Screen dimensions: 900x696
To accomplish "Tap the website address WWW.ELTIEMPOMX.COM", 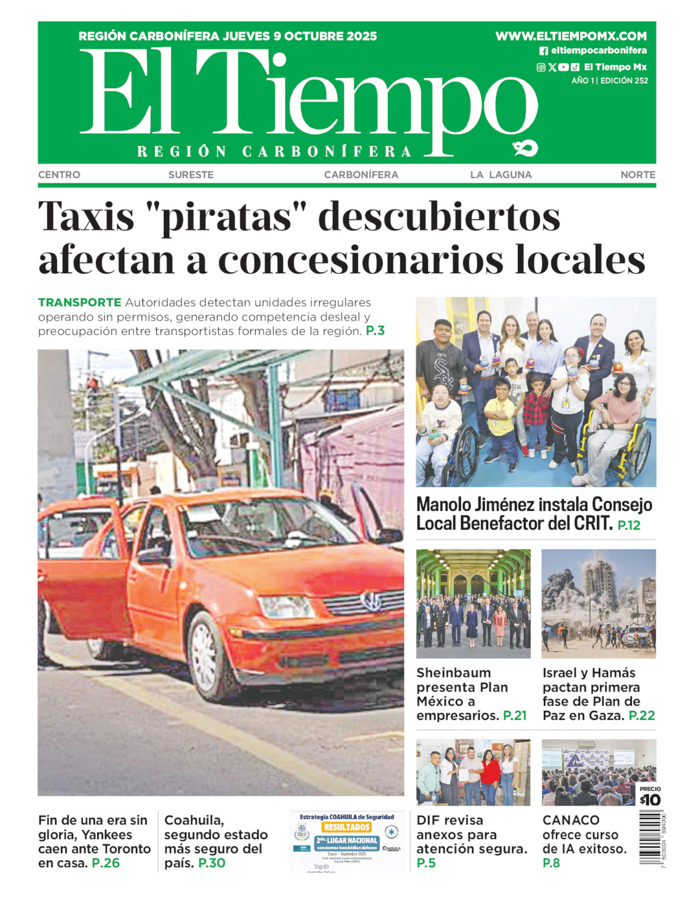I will click(571, 36).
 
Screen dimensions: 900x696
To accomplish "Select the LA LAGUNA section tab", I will click(500, 175).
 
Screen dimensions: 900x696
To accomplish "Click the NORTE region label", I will click(638, 175).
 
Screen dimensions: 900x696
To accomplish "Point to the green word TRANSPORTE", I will click(80, 302).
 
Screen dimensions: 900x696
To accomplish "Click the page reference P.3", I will click(376, 331).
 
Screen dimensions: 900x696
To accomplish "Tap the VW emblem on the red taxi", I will click(372, 602).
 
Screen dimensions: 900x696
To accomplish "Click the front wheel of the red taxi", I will click(209, 657).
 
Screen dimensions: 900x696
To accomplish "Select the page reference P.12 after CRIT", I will click(629, 525).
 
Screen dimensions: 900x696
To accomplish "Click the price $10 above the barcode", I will click(650, 800).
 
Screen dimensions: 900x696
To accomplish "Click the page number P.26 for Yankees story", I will click(106, 863).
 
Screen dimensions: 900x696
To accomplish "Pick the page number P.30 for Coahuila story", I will click(212, 863).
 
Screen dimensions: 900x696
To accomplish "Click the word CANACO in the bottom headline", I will click(571, 820).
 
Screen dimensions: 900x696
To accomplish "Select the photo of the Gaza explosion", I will click(598, 603).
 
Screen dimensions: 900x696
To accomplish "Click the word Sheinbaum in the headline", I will click(453, 673).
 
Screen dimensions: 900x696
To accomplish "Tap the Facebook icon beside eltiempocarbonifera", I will click(544, 51).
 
